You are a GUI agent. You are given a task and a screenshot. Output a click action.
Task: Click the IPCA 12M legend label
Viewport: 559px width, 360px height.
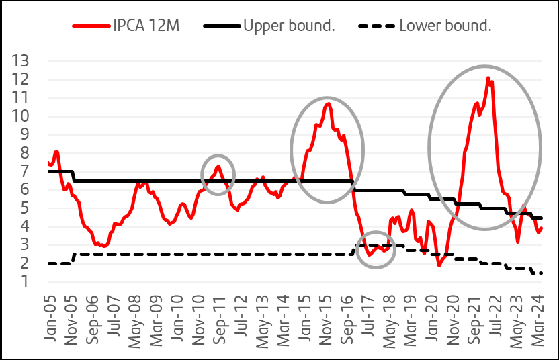pos(146,26)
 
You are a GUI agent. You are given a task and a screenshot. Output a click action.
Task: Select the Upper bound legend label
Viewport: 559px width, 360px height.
pos(289,26)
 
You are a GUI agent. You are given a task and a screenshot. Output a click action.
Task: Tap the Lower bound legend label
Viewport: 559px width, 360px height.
pos(445,26)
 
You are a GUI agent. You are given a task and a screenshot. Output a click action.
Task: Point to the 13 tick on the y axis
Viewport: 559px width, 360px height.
pos(20,61)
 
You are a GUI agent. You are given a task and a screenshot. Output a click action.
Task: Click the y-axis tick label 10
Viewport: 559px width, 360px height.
pos(20,116)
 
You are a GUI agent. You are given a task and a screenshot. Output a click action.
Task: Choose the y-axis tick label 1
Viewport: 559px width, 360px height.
pos(24,281)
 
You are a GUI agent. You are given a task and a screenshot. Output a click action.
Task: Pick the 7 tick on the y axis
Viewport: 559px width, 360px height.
pos(24,171)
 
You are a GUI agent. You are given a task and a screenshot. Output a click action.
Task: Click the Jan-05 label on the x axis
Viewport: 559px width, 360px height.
pos(50,318)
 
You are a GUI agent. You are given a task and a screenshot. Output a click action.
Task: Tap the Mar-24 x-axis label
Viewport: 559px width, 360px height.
pos(537,320)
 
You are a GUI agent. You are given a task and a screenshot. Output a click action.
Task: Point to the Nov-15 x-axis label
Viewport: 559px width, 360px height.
pos(325,320)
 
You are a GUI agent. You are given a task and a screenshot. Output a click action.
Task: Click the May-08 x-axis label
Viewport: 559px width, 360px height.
pos(135,321)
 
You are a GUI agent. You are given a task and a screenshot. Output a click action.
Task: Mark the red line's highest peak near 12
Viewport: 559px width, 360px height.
pos(488,78)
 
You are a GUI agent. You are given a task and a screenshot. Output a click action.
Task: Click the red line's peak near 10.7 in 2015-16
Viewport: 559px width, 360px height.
pos(329,103)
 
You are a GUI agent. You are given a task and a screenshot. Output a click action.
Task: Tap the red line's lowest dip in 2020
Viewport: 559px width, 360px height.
pos(439,265)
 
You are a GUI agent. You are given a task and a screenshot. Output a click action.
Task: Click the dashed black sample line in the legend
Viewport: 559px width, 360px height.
pos(376,26)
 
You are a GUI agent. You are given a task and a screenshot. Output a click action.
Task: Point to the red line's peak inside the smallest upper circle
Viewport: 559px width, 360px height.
pos(218,166)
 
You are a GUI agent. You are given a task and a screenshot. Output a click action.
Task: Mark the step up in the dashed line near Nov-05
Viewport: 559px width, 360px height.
pos(74,258)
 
